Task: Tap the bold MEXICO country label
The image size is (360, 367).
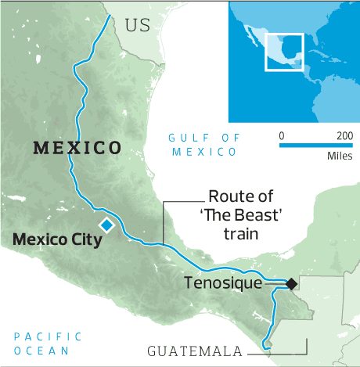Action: coord(77,148)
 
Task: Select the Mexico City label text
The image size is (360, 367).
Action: coord(57,239)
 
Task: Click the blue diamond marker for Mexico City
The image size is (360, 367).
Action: coord(106,225)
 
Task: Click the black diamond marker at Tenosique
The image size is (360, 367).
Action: coord(290,283)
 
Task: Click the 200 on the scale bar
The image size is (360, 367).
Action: coord(344,135)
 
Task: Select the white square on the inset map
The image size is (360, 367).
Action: coord(284,51)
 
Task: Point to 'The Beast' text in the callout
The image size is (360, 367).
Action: coord(235,215)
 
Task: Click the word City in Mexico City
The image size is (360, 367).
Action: coord(86,239)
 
